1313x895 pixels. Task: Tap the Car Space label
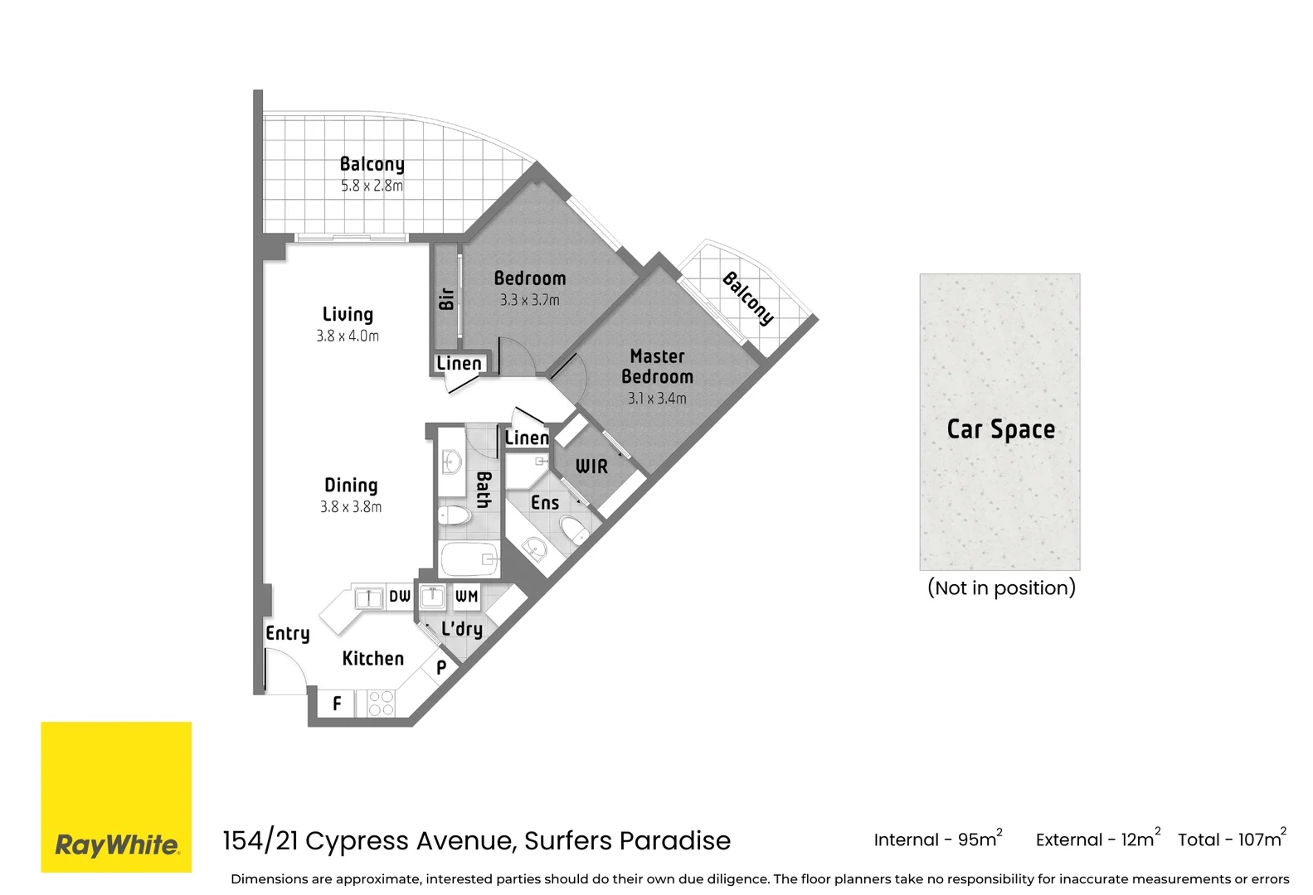[x=1000, y=429]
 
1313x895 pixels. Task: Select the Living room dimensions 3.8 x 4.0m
[x=348, y=336]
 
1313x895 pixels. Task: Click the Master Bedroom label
[x=657, y=366]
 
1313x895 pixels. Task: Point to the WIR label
[x=591, y=467]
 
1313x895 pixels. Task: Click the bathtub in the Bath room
[x=469, y=559]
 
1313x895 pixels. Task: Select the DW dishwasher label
[x=400, y=596]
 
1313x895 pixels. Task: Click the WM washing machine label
[x=466, y=596]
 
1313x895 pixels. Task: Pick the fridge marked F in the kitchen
[x=337, y=704]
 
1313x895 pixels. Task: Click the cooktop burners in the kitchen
[x=381, y=704]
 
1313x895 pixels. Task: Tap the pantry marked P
[x=441, y=666]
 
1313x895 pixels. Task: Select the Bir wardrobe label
[x=446, y=298]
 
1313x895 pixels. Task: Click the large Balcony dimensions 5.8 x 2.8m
[x=372, y=186]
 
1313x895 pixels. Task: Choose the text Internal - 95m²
[x=937, y=839]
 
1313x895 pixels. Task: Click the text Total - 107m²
[x=1231, y=839]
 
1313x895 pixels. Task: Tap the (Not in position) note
[x=1001, y=588]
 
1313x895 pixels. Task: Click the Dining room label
[x=351, y=486]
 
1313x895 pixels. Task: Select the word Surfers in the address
[x=568, y=841]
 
